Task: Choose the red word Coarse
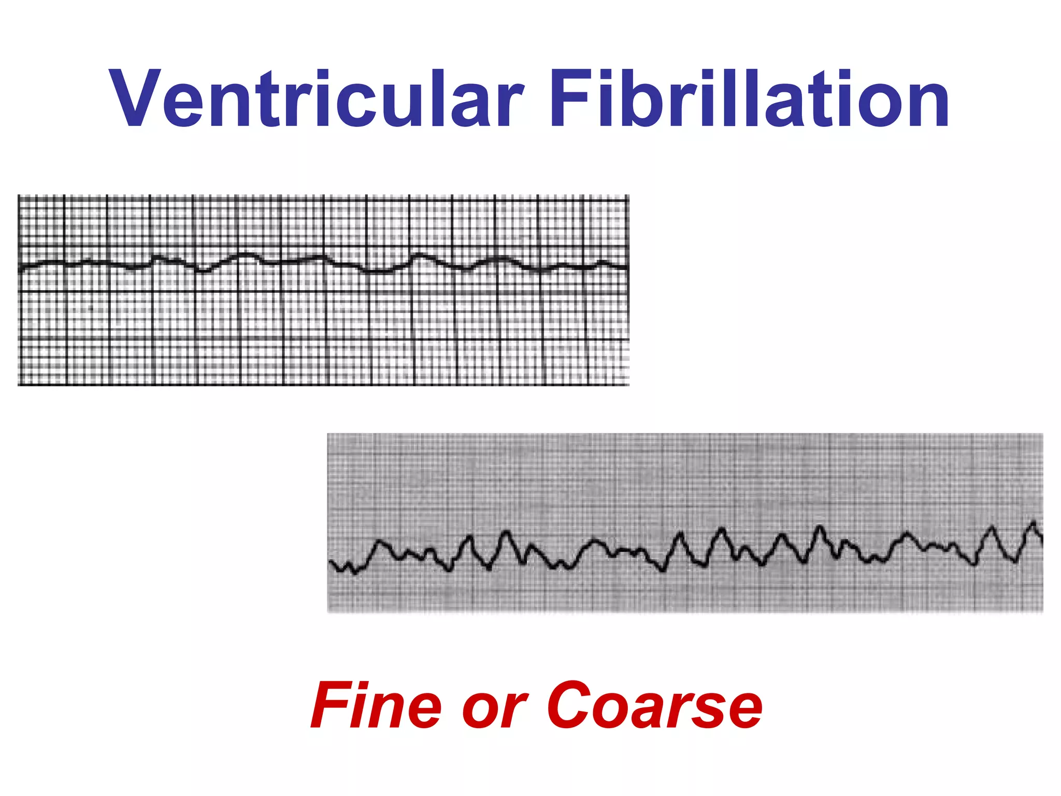pyautogui.click(x=654, y=706)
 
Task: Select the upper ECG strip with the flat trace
pyautogui.click(x=323, y=290)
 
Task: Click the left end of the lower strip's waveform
pyautogui.click(x=331, y=562)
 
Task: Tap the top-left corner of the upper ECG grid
pyautogui.click(x=19, y=196)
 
